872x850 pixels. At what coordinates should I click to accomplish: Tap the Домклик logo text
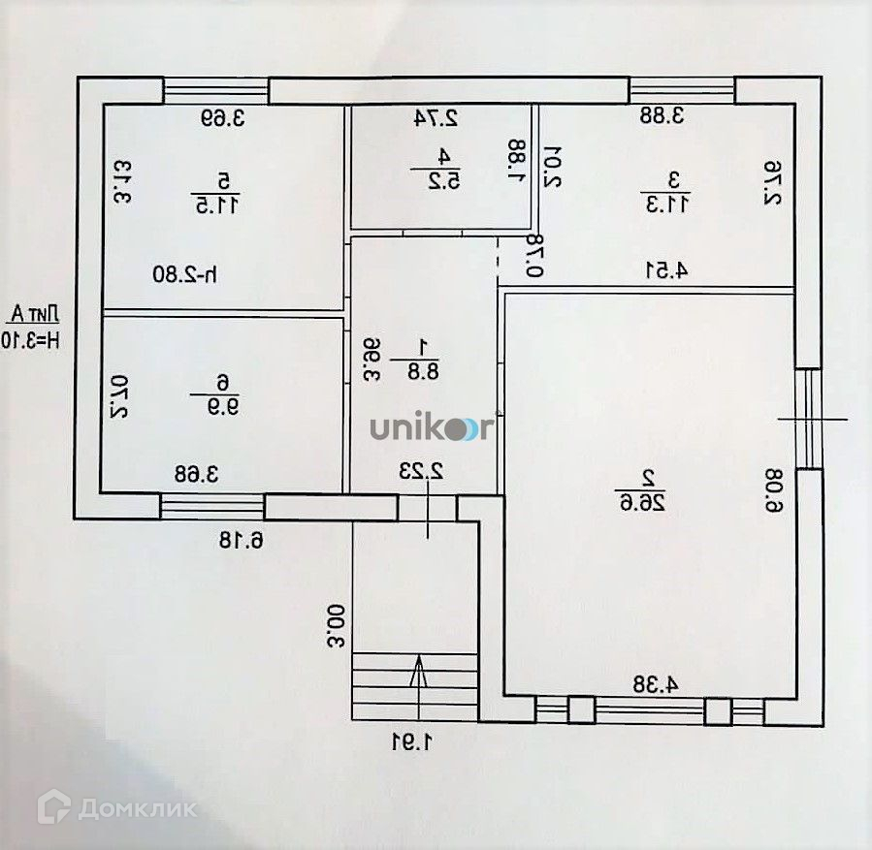point(137,807)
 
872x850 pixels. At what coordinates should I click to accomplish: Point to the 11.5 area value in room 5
point(223,205)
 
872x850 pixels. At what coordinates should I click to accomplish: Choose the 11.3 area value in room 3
point(666,204)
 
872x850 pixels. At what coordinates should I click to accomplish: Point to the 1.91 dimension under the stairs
point(411,742)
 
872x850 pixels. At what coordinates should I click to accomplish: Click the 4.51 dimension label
point(666,271)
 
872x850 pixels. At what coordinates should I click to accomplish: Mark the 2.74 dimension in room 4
point(436,117)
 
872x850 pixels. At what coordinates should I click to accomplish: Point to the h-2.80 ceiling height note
point(186,274)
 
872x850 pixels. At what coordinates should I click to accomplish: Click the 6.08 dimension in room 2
point(773,490)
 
